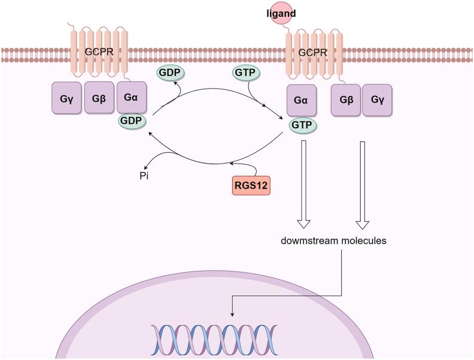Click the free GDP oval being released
169,72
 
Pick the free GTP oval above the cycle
245,72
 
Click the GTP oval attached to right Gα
302,125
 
